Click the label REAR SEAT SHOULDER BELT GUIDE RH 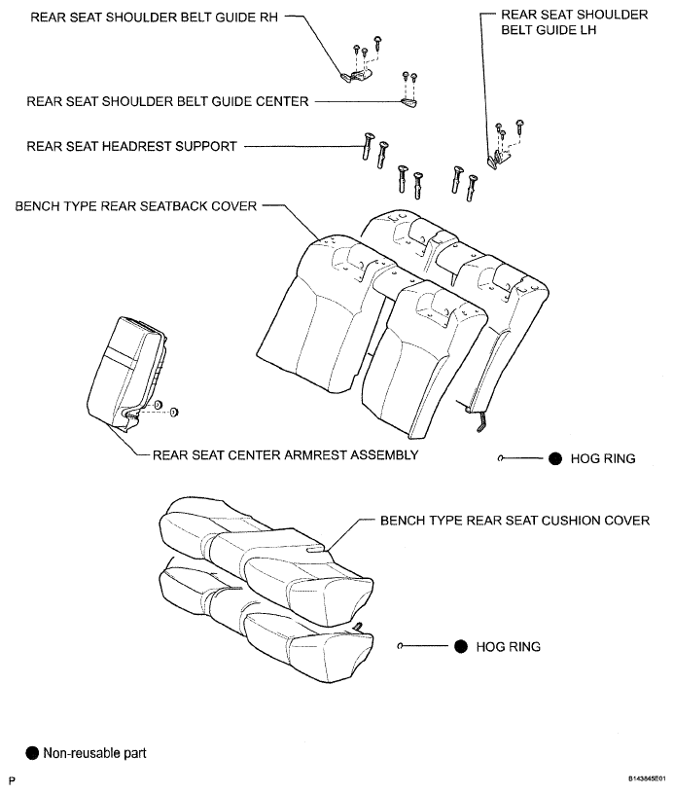154,18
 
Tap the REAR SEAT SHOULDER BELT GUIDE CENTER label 167,101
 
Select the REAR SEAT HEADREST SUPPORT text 131,146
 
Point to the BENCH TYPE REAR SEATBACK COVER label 135,206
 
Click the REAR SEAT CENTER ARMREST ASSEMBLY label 285,454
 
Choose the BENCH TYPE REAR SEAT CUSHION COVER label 514,521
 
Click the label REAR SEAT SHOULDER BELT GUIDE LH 575,22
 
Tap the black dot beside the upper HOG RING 555,458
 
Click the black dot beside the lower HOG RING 461,646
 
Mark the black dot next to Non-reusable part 32,753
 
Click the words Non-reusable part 94,753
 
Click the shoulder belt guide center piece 408,103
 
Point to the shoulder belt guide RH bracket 357,75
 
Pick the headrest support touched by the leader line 368,146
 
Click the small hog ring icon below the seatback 500,458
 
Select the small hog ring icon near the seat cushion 400,646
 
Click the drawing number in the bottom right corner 647,778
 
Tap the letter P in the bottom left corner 12,780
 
